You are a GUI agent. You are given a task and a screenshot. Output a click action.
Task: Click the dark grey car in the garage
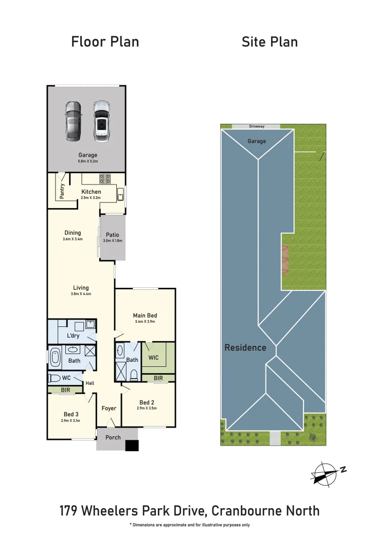tap(73, 121)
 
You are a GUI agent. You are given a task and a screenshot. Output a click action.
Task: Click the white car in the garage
tap(102, 121)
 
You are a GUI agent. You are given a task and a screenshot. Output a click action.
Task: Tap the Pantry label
tap(62, 191)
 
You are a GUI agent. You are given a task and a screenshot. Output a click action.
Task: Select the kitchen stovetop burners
tap(105, 179)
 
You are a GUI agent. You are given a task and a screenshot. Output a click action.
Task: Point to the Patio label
tap(113, 235)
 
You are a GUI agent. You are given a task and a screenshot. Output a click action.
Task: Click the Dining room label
tap(73, 233)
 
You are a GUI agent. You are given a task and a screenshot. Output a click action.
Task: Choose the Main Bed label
tap(145, 316)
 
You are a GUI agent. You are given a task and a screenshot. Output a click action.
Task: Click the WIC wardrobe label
tap(153, 357)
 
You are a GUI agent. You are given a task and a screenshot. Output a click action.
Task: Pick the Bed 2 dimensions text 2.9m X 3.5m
tap(147, 409)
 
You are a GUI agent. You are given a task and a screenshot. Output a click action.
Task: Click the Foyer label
tap(109, 409)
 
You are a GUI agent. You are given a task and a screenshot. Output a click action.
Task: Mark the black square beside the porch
tap(132, 446)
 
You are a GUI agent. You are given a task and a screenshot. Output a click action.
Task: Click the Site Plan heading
tap(270, 42)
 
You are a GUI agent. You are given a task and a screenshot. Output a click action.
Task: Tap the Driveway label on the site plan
tap(256, 126)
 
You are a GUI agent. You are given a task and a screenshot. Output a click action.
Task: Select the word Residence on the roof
tap(245, 348)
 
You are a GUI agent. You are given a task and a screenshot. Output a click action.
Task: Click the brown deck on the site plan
tap(285, 260)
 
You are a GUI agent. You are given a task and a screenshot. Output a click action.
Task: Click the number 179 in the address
tap(70, 511)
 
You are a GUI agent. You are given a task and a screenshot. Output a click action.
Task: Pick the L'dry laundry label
tap(73, 336)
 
